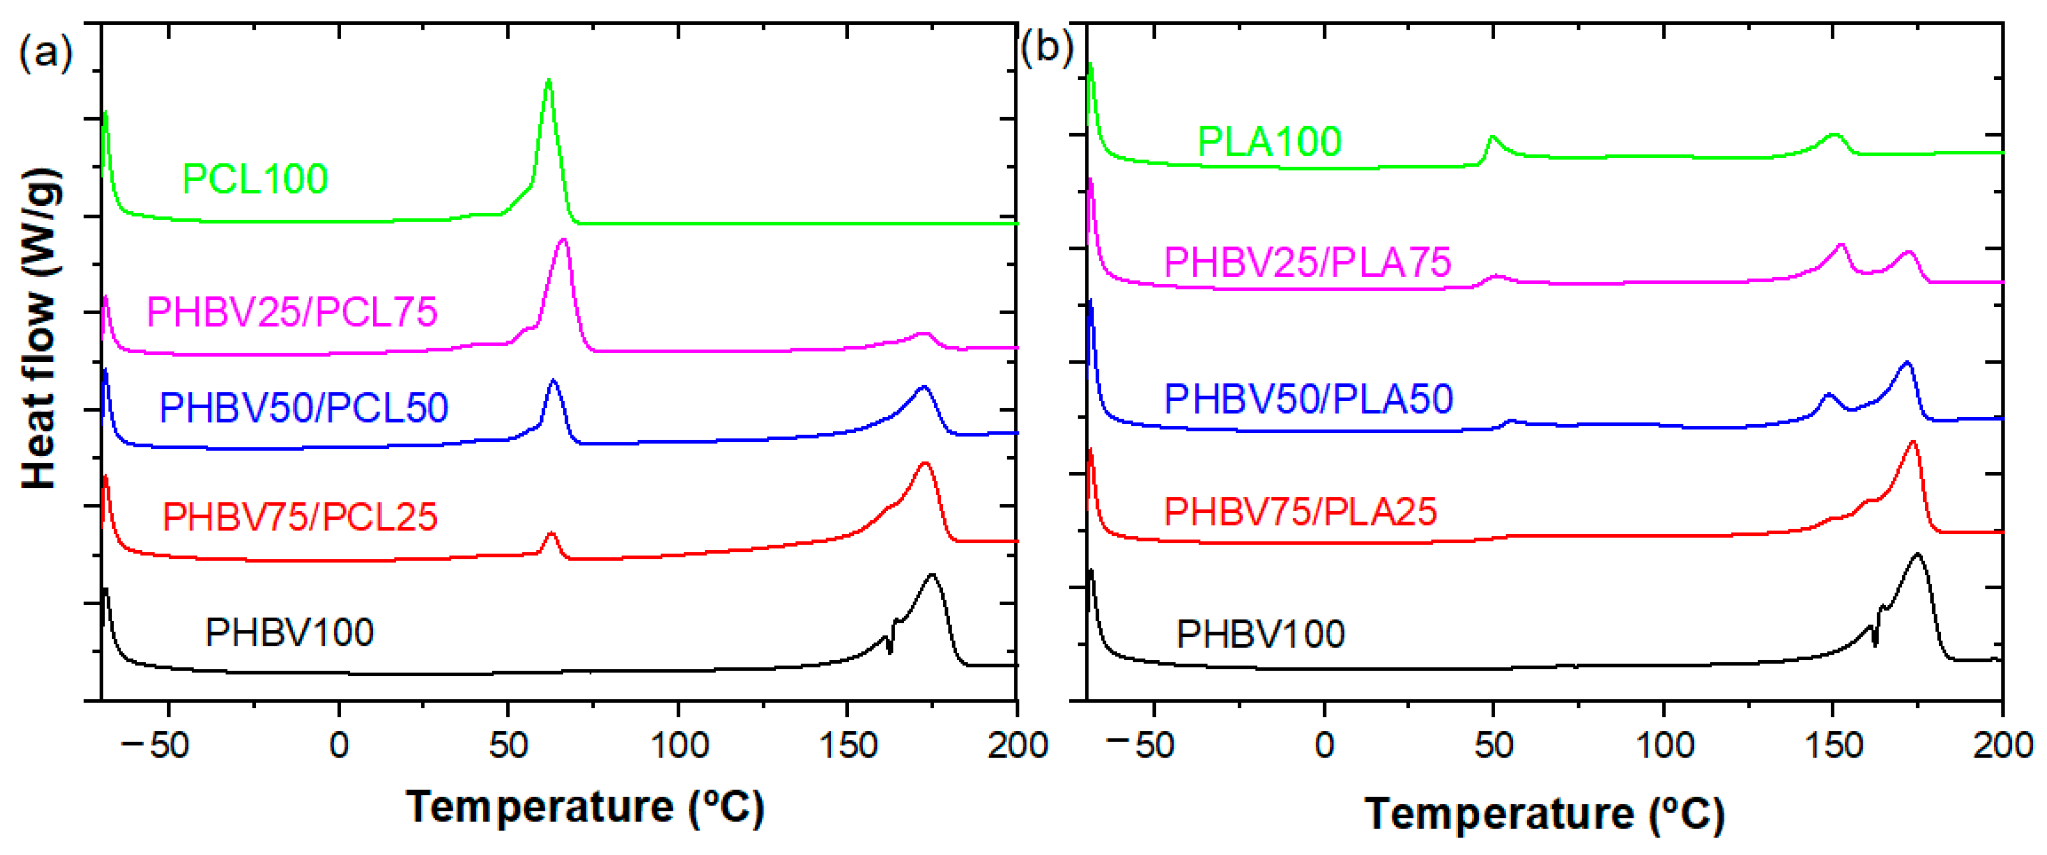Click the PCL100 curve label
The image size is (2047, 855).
coord(254,179)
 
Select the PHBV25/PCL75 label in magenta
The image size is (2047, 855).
coord(292,311)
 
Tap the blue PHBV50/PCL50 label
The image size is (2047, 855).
coord(304,408)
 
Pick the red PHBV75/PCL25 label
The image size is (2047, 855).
coord(300,517)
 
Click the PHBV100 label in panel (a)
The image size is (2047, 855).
coord(289,633)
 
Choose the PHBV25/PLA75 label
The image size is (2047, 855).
coord(1307,262)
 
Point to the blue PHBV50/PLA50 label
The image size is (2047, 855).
coord(1308,399)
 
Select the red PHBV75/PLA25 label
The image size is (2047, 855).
coord(1300,512)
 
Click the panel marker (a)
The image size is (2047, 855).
coord(45,53)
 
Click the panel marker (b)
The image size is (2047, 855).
coord(1046,48)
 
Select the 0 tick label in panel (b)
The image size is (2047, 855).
coord(1324,746)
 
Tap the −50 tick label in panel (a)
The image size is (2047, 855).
coord(159,746)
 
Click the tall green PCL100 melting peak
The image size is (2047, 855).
coord(547,83)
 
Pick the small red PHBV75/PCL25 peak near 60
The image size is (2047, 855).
coord(551,535)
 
